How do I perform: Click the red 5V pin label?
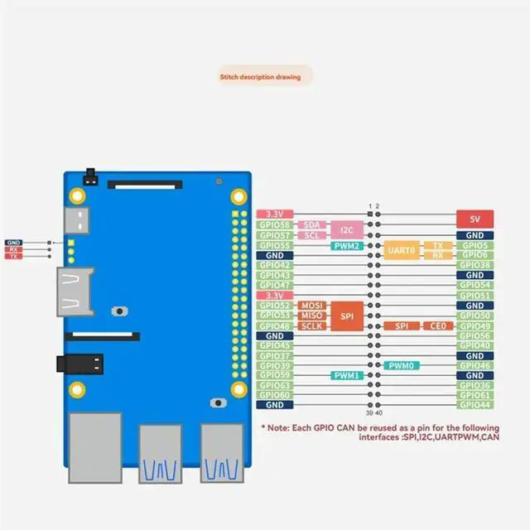(475, 219)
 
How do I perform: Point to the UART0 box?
(400, 250)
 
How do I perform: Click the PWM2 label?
(346, 246)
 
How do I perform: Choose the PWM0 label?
(401, 365)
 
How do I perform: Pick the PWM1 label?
(346, 375)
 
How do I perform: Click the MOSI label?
(311, 306)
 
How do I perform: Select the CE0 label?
(438, 326)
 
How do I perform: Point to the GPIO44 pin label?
(475, 405)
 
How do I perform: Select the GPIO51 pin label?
(475, 295)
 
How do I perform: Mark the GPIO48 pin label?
(274, 325)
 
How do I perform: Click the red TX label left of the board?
(13, 257)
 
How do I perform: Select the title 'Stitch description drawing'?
(266, 78)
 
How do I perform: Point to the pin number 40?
(378, 413)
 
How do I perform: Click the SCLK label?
(311, 325)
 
